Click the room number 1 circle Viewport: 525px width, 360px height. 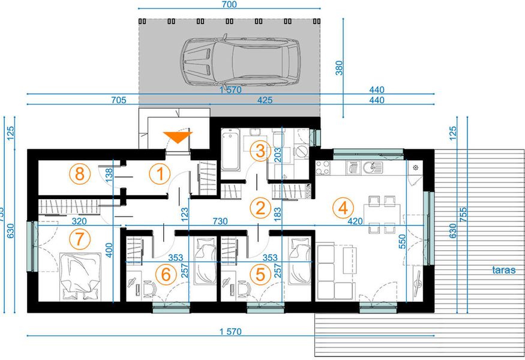click(x=160, y=175)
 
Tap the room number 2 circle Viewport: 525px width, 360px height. click(x=260, y=208)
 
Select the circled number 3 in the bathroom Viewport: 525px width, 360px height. click(x=258, y=151)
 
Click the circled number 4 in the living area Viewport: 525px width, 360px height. click(x=343, y=208)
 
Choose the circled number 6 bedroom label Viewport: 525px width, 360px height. click(x=163, y=274)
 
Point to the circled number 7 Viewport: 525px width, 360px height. click(x=78, y=238)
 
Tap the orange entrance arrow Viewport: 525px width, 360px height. click(x=178, y=137)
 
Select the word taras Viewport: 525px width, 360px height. click(x=505, y=270)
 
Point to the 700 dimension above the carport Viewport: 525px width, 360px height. click(x=229, y=5)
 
